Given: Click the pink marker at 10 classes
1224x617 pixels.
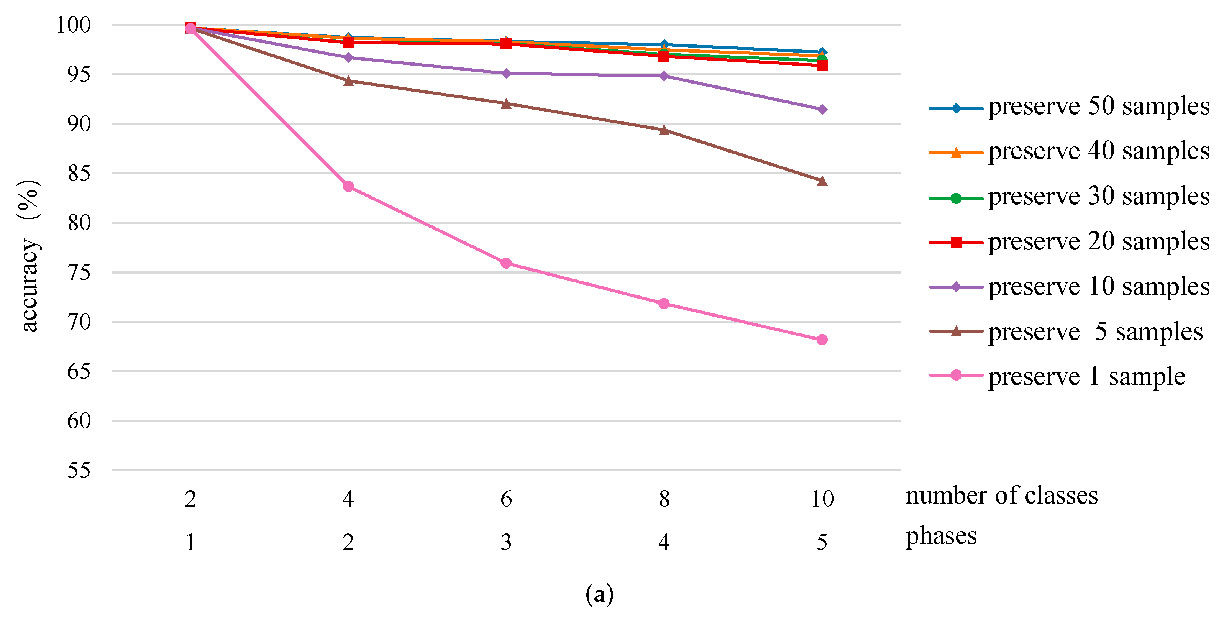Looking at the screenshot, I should tap(822, 340).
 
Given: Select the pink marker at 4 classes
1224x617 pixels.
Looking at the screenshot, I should tap(348, 186).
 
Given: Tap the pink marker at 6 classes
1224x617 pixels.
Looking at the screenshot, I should tap(506, 263).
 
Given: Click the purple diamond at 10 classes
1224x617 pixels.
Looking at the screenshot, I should tap(822, 109).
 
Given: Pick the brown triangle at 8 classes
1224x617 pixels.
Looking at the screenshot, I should tap(664, 130).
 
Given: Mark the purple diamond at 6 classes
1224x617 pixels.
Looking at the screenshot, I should tap(506, 73).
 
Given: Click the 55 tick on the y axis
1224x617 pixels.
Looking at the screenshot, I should tap(79, 470).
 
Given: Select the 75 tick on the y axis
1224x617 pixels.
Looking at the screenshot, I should tap(79, 272).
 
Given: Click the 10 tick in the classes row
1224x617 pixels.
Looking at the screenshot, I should tap(822, 499).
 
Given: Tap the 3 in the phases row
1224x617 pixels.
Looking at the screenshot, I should tap(506, 542).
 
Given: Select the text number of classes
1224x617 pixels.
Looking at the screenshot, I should tap(1002, 496).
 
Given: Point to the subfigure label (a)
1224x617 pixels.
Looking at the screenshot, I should tap(599, 594).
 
